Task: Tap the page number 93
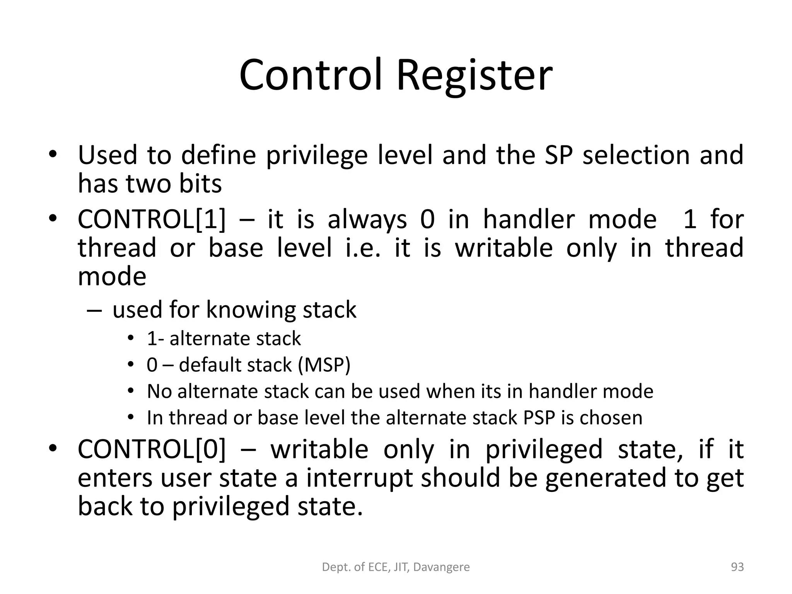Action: coord(737,567)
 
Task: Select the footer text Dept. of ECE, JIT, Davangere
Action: coord(396,567)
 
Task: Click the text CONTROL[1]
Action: coord(151,220)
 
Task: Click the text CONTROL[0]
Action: coord(151,449)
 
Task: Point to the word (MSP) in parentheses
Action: coord(324,365)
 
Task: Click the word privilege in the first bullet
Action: coord(317,155)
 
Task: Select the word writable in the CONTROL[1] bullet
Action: coord(504,248)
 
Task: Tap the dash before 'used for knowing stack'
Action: coord(95,311)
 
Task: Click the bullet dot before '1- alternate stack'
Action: coord(131,339)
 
